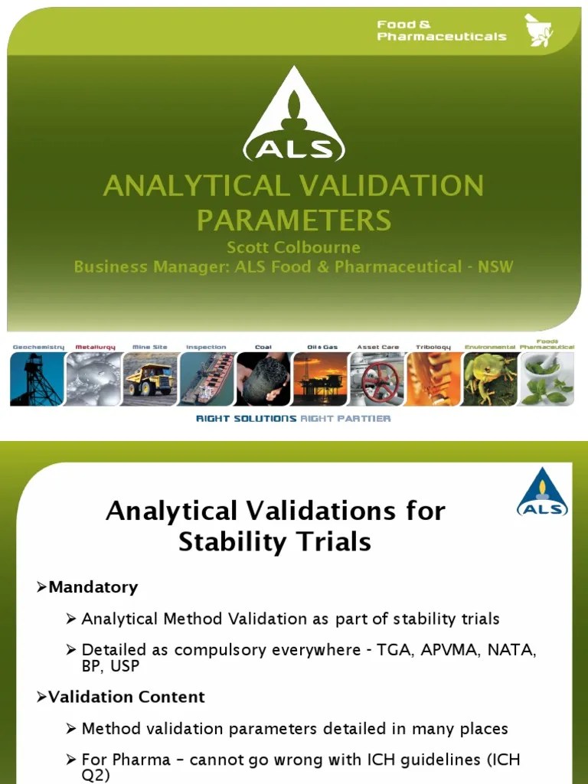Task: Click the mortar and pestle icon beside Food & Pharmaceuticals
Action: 540,30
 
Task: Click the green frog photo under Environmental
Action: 490,379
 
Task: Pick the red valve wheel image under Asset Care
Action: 377,379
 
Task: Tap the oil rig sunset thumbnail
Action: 321,379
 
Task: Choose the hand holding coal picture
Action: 263,379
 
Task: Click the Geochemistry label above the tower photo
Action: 38,347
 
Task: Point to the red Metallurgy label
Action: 95,347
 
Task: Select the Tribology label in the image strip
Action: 433,347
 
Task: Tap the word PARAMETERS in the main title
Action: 294,220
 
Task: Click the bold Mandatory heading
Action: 93,587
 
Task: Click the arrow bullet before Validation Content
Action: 42,697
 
